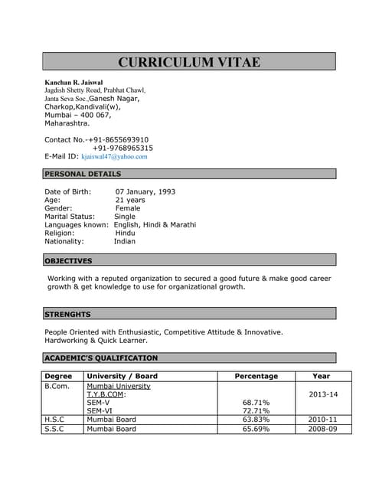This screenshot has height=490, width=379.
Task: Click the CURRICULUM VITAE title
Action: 189,62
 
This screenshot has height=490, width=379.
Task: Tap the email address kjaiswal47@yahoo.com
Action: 114,156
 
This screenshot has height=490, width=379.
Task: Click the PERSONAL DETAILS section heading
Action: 83,174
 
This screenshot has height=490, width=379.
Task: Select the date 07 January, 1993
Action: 145,191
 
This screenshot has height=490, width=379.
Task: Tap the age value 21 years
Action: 130,200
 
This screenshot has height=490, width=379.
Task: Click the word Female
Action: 128,208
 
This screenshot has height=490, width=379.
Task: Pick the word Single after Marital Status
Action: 124,217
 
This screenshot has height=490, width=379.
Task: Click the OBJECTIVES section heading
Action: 68,261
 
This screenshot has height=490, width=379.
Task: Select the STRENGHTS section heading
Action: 67,314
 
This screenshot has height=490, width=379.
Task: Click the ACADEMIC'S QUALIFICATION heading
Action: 101,358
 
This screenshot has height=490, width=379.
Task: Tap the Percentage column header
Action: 256,376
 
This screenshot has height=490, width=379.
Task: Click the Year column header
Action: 322,376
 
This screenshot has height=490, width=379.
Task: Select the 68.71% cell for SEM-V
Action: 256,402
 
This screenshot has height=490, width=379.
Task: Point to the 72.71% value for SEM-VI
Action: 256,411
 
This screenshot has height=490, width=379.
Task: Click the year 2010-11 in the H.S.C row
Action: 322,420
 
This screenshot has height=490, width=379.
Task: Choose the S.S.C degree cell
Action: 54,429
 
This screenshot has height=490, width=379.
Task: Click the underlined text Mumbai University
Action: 119,386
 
